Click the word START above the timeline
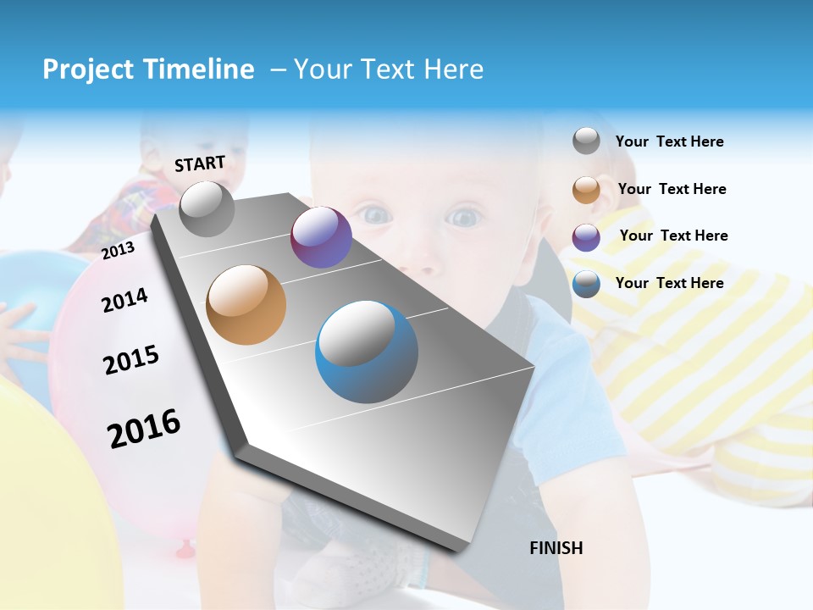coord(200,164)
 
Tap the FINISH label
coord(556,548)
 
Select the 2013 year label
coord(118,251)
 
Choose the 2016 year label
coord(144,429)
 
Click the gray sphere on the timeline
coord(207,208)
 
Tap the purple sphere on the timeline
coord(321,237)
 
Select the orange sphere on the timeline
coord(246,305)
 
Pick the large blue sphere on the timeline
coord(367,352)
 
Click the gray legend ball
coord(586,141)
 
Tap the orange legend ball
coord(586,190)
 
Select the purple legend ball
coord(586,237)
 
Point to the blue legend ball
coord(586,284)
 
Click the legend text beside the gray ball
coord(669,141)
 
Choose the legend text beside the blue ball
coord(669,283)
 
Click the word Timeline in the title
coord(196,69)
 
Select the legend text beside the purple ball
coord(673,236)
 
